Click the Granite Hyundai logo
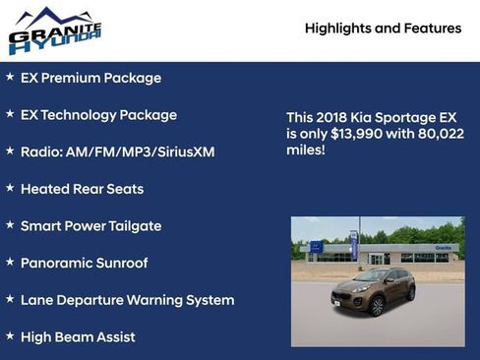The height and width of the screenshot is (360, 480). tap(55, 30)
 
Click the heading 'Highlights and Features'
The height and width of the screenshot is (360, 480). tap(383, 29)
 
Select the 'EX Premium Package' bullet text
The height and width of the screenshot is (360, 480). tap(90, 78)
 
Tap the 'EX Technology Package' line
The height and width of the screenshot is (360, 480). tap(98, 115)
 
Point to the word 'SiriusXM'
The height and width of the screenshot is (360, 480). tap(181, 152)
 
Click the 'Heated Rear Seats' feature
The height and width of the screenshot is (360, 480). tap(82, 189)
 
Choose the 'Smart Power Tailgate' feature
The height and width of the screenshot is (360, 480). tap(90, 226)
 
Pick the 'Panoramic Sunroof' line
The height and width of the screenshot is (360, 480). tap(84, 263)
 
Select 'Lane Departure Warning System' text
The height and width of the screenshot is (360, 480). tap(127, 300)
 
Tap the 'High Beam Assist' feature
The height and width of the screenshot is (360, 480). tap(78, 337)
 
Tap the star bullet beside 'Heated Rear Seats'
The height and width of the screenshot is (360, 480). tap(10, 188)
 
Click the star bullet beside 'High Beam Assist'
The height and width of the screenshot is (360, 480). tap(10, 336)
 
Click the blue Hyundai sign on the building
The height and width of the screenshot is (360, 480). tap(317, 247)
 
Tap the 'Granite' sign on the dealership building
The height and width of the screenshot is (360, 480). tap(445, 249)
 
